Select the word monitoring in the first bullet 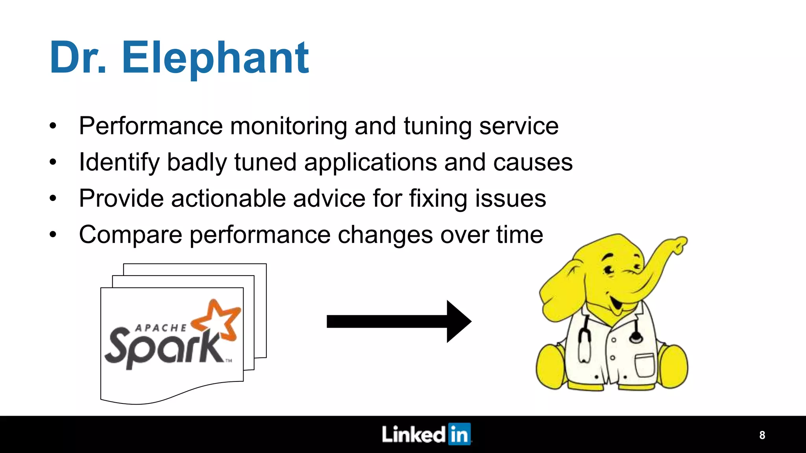pos(288,126)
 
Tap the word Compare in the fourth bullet pos(130,235)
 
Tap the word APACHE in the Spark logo pos(161,328)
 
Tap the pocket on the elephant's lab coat pos(644,365)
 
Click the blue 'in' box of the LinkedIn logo pos(459,434)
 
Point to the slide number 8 pos(762,435)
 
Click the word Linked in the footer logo pos(413,435)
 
